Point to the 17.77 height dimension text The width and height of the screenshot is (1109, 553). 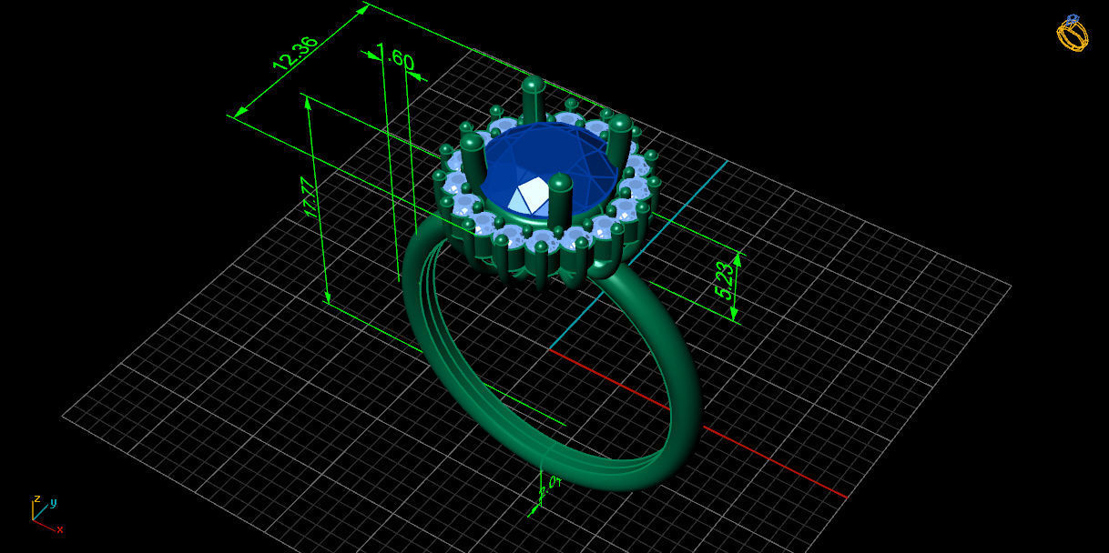(x=310, y=197)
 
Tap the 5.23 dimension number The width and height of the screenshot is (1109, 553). (x=725, y=279)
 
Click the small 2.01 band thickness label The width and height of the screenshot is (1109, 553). (x=548, y=489)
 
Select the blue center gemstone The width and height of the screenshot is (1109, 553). (x=546, y=164)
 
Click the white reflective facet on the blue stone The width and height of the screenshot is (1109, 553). (x=531, y=194)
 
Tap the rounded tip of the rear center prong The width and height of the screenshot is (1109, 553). (x=533, y=85)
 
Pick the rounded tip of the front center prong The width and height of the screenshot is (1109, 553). (x=560, y=182)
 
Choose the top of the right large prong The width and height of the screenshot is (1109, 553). (x=620, y=123)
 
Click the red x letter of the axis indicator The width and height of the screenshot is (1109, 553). (x=60, y=529)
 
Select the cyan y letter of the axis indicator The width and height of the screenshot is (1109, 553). (x=54, y=502)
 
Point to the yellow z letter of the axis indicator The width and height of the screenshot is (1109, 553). (x=36, y=499)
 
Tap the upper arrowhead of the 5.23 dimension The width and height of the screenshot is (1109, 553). (x=737, y=258)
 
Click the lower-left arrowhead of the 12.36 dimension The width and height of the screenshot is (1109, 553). (x=239, y=113)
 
